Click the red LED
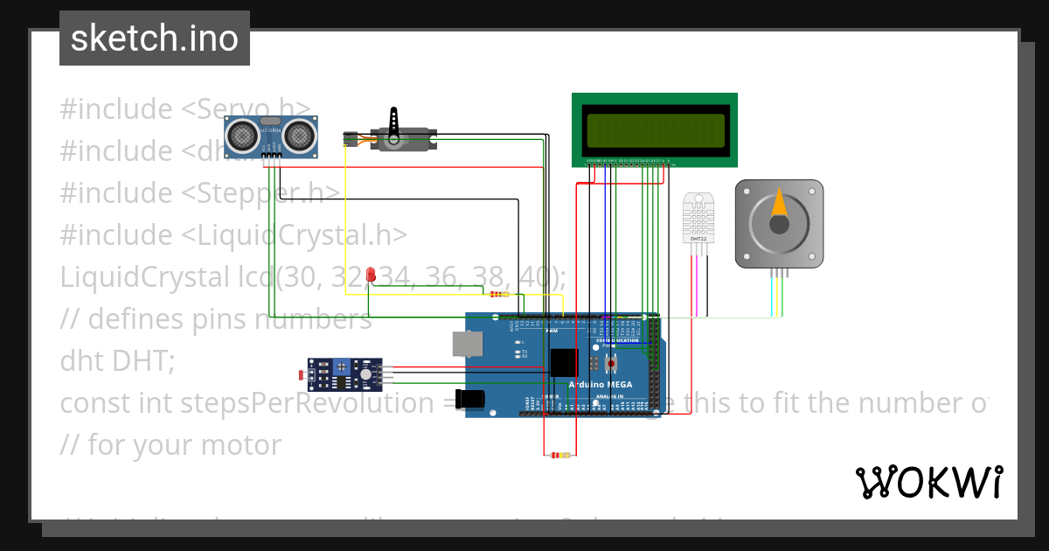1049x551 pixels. coord(371,275)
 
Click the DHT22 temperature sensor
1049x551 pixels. coord(698,217)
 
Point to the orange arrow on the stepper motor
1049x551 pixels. coord(778,206)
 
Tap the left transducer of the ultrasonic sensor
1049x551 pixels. coord(242,135)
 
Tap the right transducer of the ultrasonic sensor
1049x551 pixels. coord(298,135)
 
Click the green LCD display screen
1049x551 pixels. coord(656,130)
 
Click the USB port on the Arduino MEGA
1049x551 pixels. coord(465,343)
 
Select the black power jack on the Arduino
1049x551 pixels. coord(470,398)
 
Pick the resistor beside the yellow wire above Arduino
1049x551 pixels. coord(499,294)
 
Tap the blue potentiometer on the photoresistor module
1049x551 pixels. coord(364,375)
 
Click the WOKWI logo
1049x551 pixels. coord(928,482)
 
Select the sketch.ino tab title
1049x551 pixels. coord(154,38)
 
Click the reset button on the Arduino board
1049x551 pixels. coord(612,360)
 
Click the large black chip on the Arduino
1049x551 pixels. coord(564,361)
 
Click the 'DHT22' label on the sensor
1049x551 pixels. coord(698,238)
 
